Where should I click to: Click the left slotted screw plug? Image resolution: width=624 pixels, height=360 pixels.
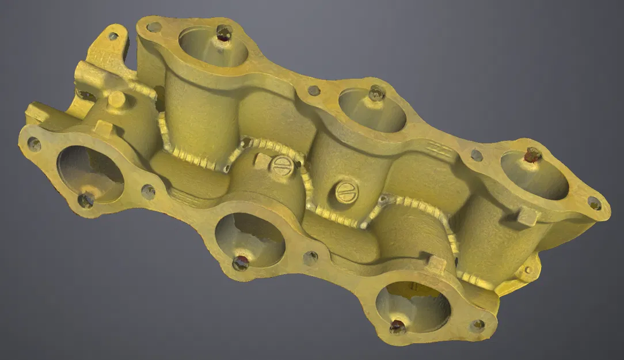point(282,166)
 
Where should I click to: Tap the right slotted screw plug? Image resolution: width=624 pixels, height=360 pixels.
point(347,192)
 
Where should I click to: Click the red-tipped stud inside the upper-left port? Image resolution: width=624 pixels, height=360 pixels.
point(223,33)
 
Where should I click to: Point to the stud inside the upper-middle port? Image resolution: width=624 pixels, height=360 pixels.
point(376,92)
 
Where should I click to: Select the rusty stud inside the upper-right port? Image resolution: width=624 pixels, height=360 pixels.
point(532,154)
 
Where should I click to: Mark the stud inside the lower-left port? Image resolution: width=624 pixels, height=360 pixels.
point(86,200)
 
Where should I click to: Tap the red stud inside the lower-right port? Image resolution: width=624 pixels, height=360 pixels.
point(397,327)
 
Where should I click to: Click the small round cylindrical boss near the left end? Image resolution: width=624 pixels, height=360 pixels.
point(116,99)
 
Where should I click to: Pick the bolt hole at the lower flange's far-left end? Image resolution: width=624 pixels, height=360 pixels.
point(34,144)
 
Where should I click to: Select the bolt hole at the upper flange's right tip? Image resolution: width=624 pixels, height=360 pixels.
point(594,203)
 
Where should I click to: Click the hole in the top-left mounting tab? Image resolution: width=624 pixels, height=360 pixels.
point(113,36)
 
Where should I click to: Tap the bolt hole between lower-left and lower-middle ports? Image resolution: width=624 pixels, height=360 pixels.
point(148,192)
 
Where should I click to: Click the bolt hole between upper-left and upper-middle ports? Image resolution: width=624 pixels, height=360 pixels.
point(314,90)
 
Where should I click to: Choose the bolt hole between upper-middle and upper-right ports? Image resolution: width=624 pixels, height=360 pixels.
point(477,155)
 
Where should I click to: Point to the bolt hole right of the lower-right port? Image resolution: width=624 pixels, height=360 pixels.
point(477,325)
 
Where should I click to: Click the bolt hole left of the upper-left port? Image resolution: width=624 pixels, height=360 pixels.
point(154,26)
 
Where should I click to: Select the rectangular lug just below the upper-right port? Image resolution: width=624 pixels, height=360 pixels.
point(527,217)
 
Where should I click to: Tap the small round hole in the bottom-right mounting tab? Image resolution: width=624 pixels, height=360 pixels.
point(528,270)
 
